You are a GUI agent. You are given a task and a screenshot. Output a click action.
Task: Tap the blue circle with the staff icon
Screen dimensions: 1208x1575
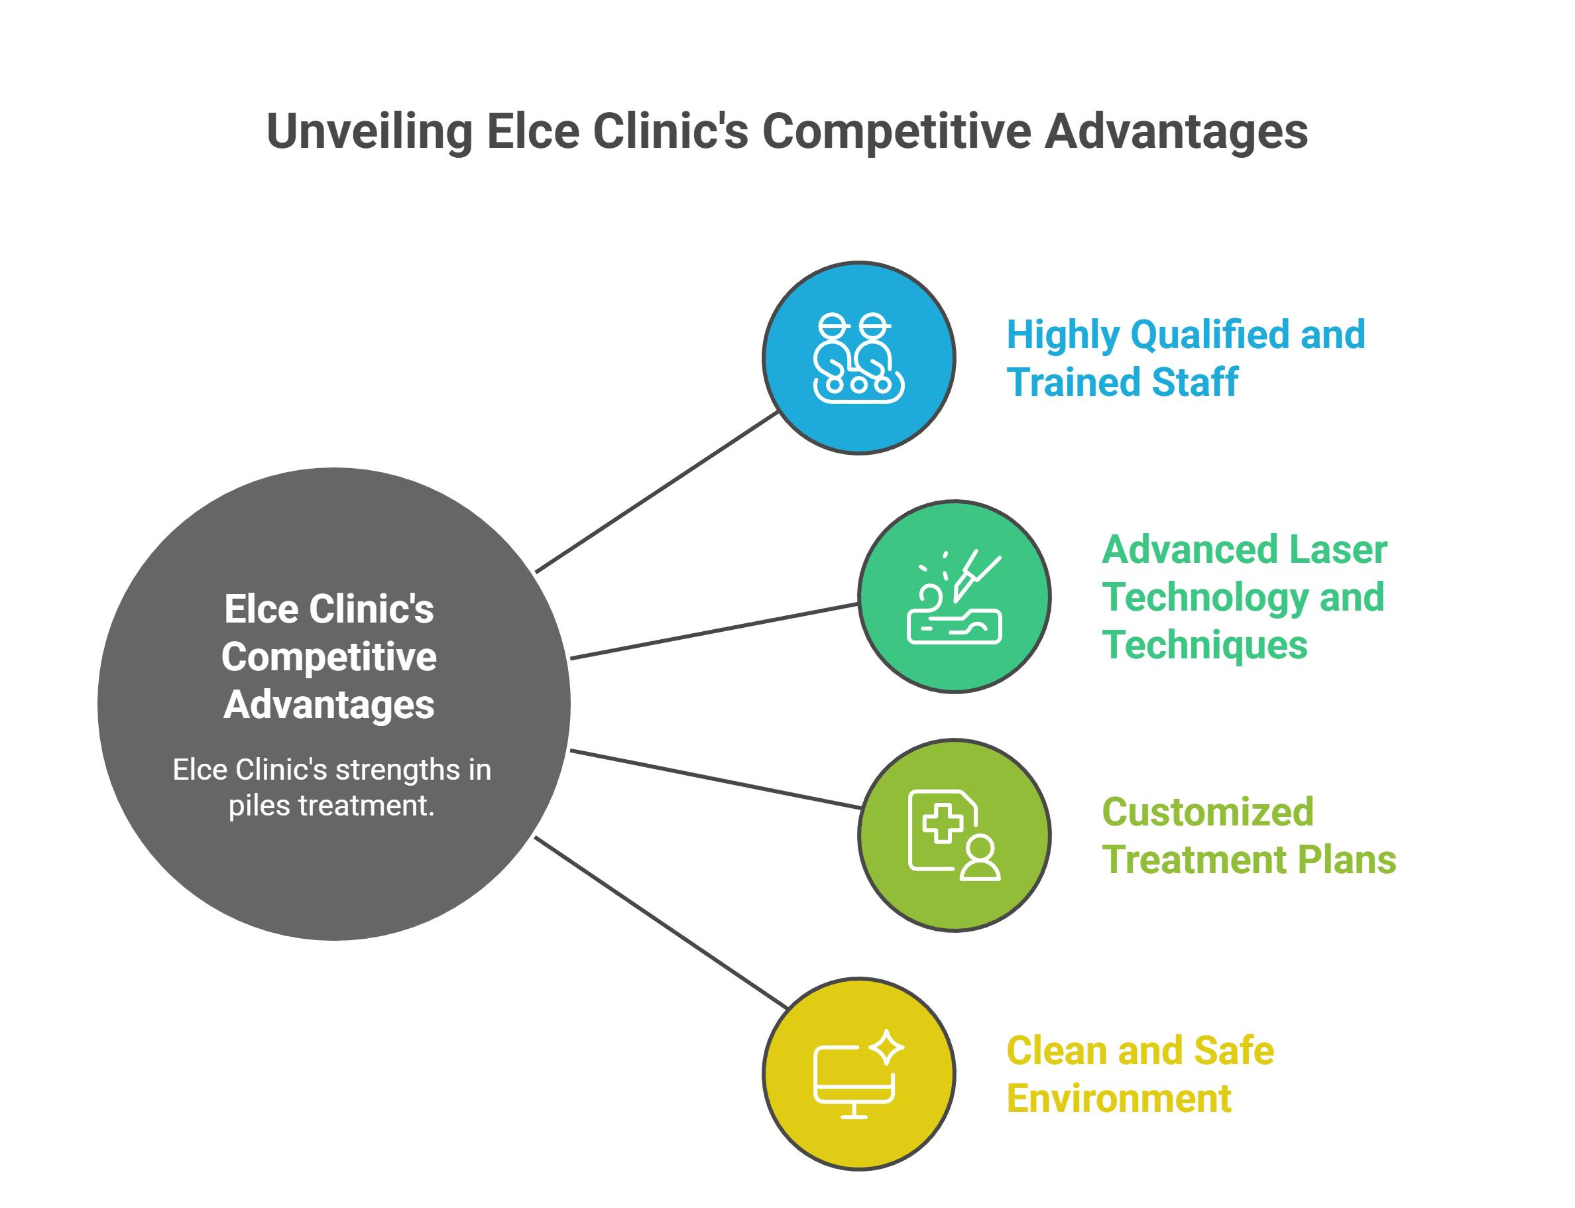(858, 358)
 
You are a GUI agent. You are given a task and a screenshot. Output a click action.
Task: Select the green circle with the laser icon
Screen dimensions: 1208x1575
(954, 597)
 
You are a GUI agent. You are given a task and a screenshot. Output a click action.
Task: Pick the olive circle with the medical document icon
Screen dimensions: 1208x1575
(954, 835)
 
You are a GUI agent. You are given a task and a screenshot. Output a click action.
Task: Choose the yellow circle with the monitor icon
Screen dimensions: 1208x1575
(858, 1073)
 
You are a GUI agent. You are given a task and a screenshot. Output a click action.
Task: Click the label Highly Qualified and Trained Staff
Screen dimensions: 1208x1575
(1185, 358)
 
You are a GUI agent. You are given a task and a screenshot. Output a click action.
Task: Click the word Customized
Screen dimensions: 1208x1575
(1208, 813)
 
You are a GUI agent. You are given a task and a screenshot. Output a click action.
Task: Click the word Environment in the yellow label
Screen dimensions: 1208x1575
(1118, 1099)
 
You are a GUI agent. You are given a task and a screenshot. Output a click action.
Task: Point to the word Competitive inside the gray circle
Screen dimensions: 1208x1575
(329, 657)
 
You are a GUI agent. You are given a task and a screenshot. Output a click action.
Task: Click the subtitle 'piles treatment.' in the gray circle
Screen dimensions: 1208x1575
(331, 806)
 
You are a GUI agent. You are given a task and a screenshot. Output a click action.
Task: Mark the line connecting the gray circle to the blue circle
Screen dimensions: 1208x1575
(656, 493)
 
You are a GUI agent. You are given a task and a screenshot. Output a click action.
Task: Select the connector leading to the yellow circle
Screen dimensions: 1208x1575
(662, 922)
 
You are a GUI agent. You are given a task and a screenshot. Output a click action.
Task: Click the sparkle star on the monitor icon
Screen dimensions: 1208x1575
(886, 1047)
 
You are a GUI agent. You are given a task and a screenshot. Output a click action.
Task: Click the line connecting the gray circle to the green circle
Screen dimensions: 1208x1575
(713, 631)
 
